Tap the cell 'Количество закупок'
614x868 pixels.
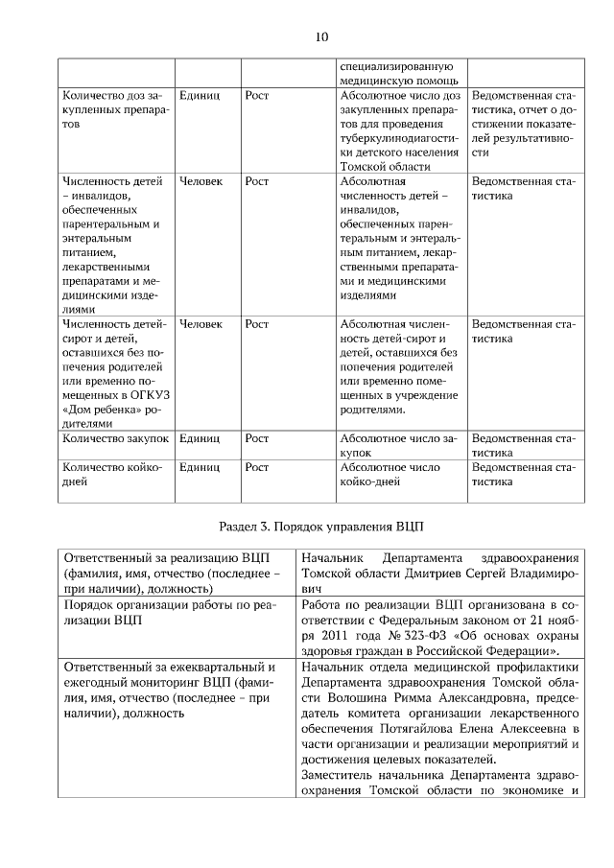(x=115, y=438)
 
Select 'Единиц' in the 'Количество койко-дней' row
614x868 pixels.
(x=200, y=467)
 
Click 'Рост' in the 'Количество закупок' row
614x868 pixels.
(x=256, y=438)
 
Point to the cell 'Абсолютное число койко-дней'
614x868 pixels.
(x=390, y=475)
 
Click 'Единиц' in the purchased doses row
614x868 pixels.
(x=200, y=96)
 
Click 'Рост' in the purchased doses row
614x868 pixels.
(x=256, y=96)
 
